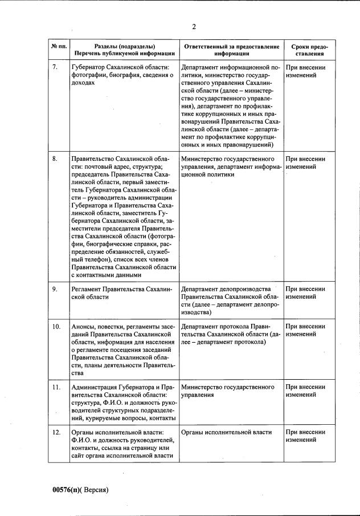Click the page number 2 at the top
pyautogui.click(x=194, y=27)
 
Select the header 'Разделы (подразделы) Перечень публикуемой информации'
pyautogui.click(x=123, y=50)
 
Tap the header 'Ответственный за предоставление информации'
pyautogui.click(x=231, y=50)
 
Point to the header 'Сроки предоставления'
pyautogui.click(x=309, y=50)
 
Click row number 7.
pyautogui.click(x=55, y=67)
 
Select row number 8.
pyautogui.click(x=55, y=159)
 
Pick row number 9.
pyautogui.click(x=55, y=290)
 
